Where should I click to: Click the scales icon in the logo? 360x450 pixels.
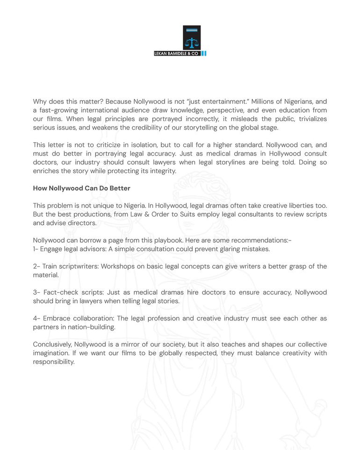pyautogui.click(x=192, y=43)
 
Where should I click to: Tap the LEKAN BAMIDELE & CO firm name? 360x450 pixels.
pyautogui.click(x=177, y=54)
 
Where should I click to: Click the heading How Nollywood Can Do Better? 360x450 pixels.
pyautogui.click(x=81, y=189)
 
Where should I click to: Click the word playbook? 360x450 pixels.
pyautogui.click(x=166, y=240)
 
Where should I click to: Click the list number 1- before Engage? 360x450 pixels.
pyautogui.click(x=36, y=249)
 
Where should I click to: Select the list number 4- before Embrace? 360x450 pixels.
pyautogui.click(x=36, y=319)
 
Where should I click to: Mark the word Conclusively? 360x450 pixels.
pyautogui.click(x=51, y=344)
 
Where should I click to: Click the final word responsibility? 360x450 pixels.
pyautogui.click(x=53, y=362)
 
